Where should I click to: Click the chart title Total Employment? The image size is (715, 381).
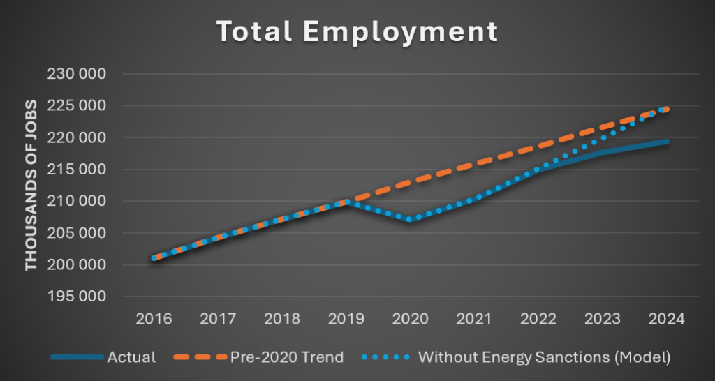(357, 31)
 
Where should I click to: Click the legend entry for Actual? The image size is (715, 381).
(131, 357)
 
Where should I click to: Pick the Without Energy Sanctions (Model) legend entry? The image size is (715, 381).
(544, 357)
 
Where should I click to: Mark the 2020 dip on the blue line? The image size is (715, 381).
(411, 219)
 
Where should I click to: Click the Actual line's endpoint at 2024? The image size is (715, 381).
(668, 142)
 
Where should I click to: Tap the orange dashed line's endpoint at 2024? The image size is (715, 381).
(668, 109)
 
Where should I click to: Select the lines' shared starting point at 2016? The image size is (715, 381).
(154, 258)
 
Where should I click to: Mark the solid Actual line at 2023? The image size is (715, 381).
(603, 151)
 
